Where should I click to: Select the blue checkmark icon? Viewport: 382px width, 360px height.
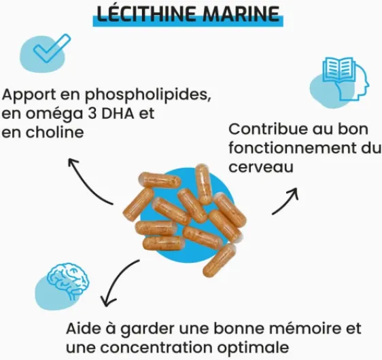pyautogui.click(x=52, y=48)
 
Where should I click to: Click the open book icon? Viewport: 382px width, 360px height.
pyautogui.click(x=338, y=70)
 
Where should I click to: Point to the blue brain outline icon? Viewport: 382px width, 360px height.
pyautogui.click(x=68, y=281)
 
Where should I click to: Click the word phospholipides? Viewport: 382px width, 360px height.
pyautogui.click(x=148, y=95)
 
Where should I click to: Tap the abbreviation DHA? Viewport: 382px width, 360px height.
pyautogui.click(x=118, y=113)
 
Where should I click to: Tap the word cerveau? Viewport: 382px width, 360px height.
pyautogui.click(x=261, y=166)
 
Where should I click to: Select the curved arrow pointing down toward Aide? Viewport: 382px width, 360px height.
pyautogui.click(x=114, y=280)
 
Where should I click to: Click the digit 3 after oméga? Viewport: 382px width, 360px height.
pyautogui.click(x=92, y=113)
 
